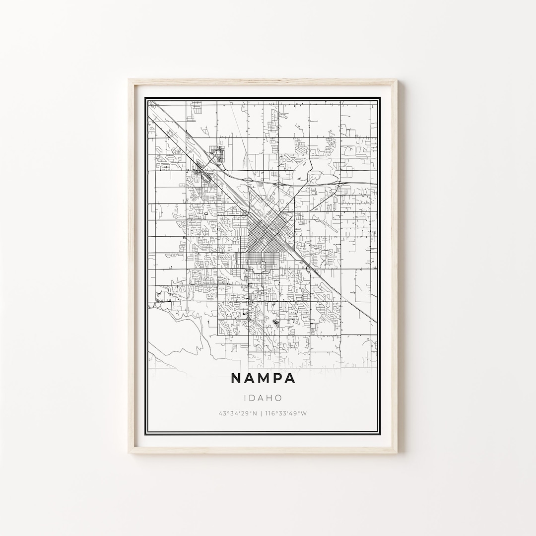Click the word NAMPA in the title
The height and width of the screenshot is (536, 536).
point(263,378)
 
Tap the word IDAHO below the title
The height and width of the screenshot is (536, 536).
point(263,398)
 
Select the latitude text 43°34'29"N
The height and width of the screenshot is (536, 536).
point(238,413)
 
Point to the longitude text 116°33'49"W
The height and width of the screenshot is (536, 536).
point(286,413)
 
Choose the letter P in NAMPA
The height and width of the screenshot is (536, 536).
point(277,378)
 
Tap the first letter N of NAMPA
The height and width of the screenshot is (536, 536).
point(236,378)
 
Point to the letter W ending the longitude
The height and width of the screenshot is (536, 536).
point(305,413)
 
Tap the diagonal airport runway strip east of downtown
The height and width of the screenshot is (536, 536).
point(326,223)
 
